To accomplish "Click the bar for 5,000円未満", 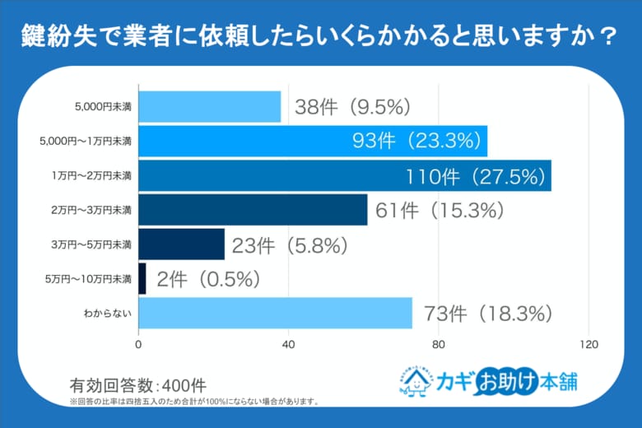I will click(x=210, y=107).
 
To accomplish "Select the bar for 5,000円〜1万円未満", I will click(x=313, y=141).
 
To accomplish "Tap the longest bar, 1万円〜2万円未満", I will click(x=345, y=175).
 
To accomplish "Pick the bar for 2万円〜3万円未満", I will click(x=253, y=210).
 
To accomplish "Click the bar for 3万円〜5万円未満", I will click(x=182, y=244).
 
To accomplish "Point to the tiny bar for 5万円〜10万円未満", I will click(x=142, y=278).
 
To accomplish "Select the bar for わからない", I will click(x=276, y=313).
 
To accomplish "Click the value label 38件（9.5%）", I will click(x=352, y=107).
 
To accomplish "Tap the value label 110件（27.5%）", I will click(x=475, y=175).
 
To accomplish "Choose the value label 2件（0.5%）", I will click(x=208, y=279).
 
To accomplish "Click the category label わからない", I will click(x=106, y=314).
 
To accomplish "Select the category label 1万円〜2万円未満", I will click(x=91, y=176).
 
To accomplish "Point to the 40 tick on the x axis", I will click(x=289, y=344).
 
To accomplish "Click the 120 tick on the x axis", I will click(x=588, y=344).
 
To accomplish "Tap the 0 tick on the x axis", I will click(x=139, y=344).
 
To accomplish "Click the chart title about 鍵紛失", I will click(x=320, y=36).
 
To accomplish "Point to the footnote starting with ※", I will click(x=193, y=402).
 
